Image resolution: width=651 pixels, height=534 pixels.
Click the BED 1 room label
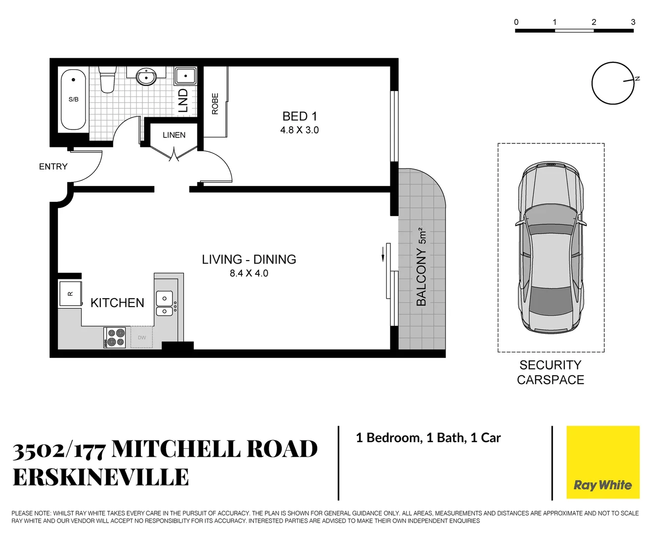[x=299, y=116]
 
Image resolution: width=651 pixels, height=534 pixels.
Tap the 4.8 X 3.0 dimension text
[x=299, y=130]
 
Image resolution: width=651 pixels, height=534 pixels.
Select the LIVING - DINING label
[x=249, y=260]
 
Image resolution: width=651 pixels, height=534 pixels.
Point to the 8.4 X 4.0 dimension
[x=249, y=273]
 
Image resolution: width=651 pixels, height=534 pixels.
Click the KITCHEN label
[x=117, y=303]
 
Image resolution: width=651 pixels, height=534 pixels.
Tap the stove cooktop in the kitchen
[x=115, y=338]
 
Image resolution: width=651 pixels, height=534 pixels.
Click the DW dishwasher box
[x=142, y=338]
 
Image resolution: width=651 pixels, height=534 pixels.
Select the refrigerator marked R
[x=70, y=294]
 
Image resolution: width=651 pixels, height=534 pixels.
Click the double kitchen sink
[x=164, y=304]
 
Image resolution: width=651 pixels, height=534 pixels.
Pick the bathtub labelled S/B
[x=73, y=99]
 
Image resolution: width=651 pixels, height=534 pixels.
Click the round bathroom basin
[x=146, y=77]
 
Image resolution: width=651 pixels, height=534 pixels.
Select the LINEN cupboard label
[x=174, y=135]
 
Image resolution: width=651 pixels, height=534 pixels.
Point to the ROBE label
[x=215, y=104]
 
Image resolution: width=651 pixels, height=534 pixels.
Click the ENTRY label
[x=53, y=167]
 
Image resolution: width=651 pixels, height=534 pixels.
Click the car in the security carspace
[x=550, y=247]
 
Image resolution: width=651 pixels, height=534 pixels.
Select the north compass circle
[x=613, y=83]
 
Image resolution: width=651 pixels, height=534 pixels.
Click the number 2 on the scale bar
[x=594, y=22]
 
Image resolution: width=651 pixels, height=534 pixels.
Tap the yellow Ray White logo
[x=603, y=462]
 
